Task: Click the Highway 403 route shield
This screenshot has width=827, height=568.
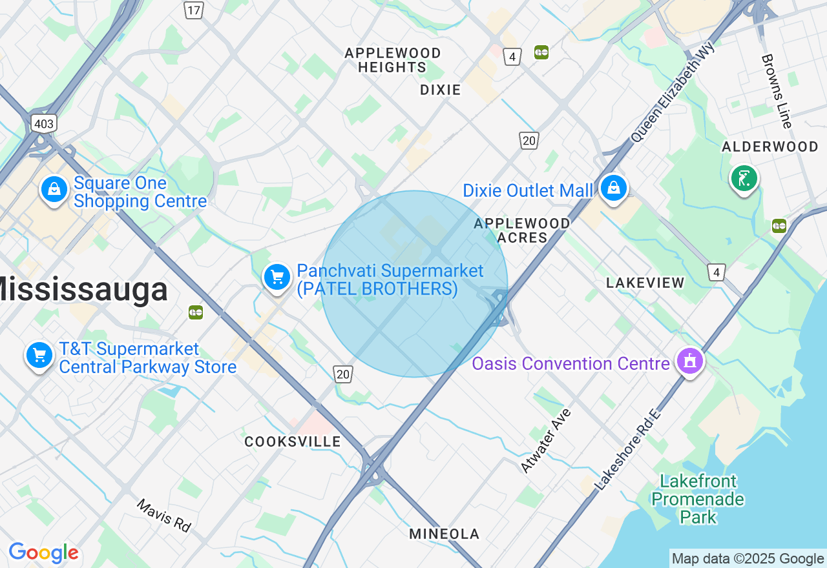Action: (44, 123)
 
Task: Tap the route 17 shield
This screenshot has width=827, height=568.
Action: (193, 10)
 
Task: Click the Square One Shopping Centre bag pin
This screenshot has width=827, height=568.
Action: (54, 190)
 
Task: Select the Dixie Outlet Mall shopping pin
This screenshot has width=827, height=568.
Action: (613, 188)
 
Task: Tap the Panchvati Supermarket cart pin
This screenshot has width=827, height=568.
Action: (277, 277)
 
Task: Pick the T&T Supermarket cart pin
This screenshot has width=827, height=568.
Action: (39, 355)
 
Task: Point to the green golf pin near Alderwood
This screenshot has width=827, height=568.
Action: (744, 177)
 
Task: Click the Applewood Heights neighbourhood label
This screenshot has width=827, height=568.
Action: (393, 60)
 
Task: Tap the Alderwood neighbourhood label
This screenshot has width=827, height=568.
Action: (770, 147)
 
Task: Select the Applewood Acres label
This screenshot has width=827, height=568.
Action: (522, 230)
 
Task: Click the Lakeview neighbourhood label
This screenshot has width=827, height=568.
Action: (645, 283)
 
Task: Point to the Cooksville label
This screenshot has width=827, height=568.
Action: (293, 441)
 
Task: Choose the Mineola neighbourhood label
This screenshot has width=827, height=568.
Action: (445, 534)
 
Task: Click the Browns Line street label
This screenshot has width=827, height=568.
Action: (776, 90)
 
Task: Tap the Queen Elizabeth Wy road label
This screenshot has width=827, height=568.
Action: (673, 92)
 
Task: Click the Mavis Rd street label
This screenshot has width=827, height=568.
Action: (164, 514)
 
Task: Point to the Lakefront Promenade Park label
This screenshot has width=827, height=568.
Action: (698, 499)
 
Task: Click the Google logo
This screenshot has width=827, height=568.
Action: (44, 553)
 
